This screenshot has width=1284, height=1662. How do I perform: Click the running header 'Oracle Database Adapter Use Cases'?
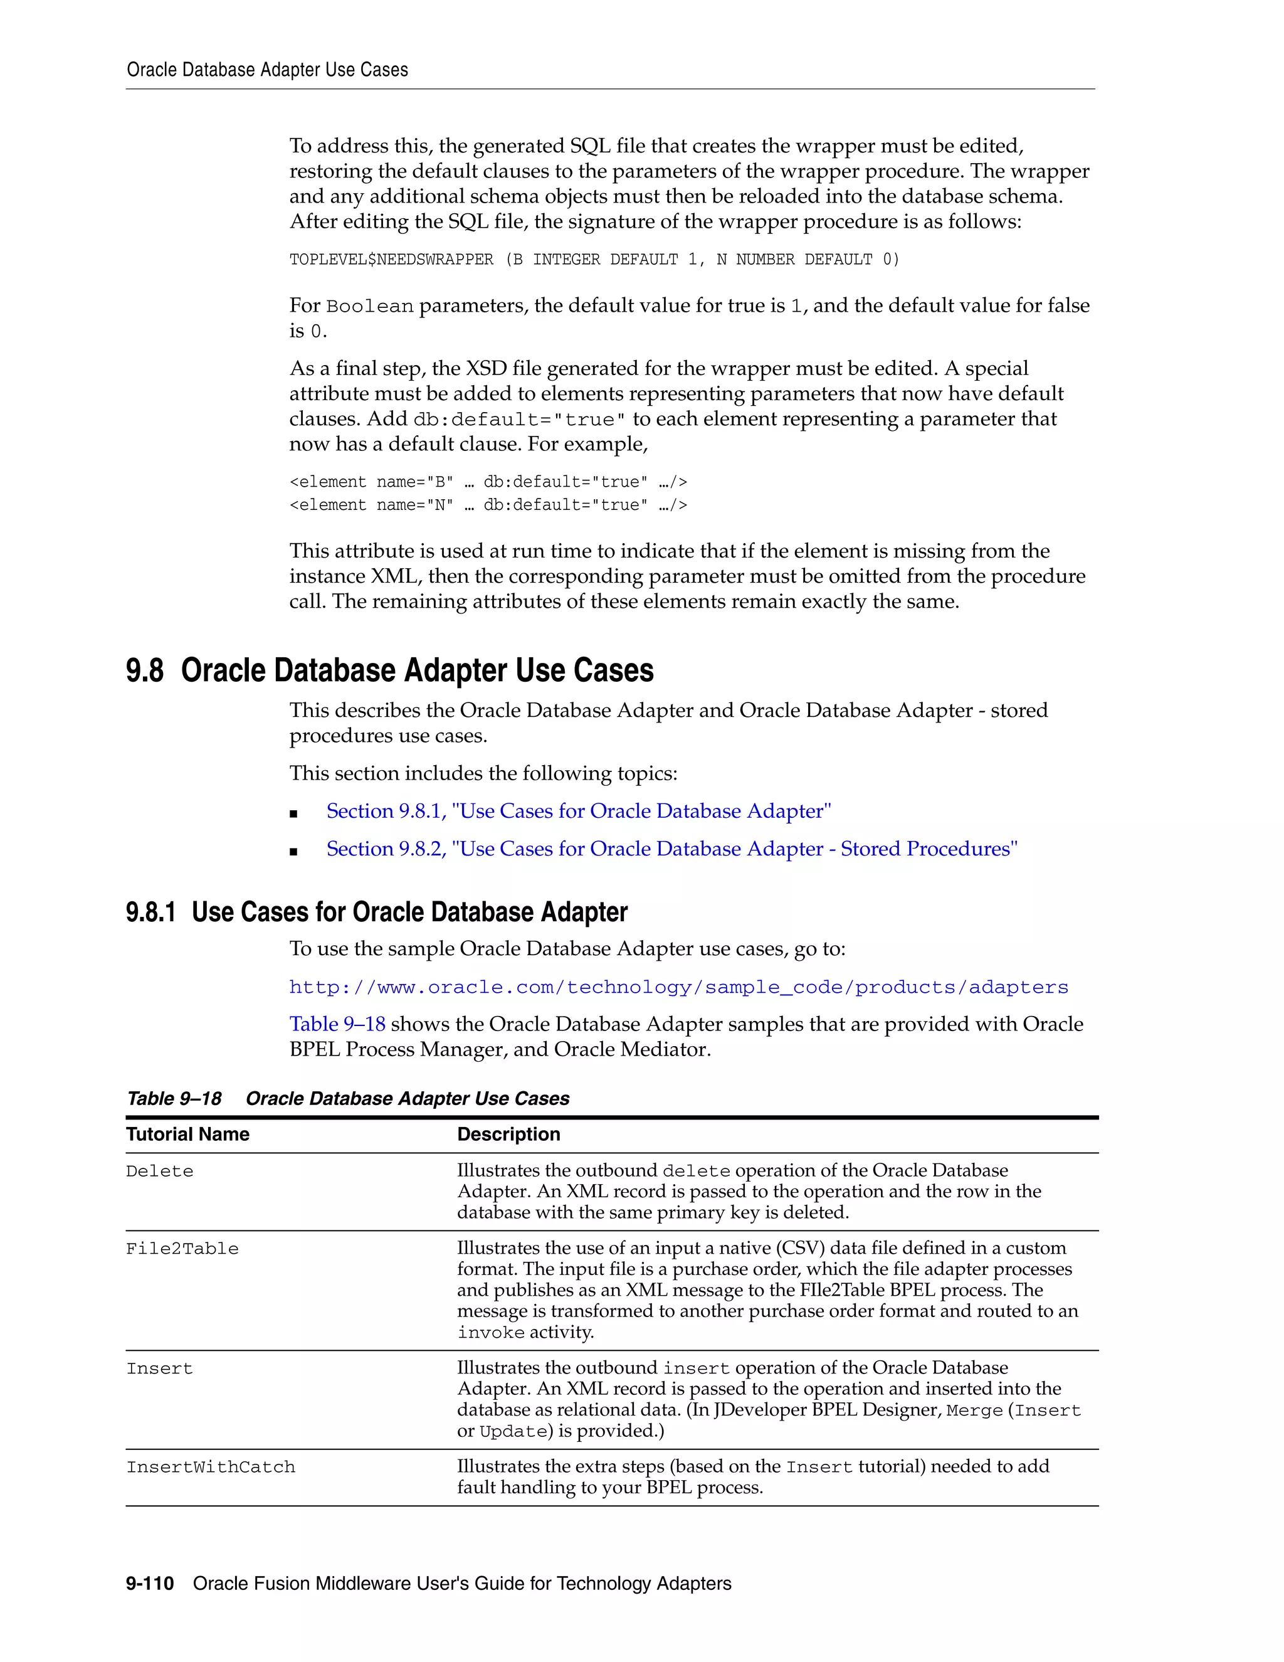tap(267, 70)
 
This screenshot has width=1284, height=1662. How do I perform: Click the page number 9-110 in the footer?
tap(150, 1584)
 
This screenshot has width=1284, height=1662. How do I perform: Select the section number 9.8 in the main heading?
tap(145, 671)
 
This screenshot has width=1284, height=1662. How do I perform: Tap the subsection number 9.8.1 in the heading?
tap(150, 913)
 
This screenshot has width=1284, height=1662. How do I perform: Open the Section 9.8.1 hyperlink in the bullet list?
tap(578, 811)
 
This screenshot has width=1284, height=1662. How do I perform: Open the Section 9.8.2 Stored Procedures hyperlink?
tap(671, 849)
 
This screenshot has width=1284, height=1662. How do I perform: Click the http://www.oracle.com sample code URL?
tap(678, 988)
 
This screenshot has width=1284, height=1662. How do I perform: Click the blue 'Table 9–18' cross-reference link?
tap(337, 1024)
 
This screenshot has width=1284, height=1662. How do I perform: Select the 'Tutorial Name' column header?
tap(188, 1135)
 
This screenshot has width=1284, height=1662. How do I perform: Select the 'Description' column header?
tap(508, 1135)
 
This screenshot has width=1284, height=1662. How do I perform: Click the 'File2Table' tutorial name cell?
tap(182, 1249)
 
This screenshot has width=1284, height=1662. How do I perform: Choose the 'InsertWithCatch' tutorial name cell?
tap(211, 1468)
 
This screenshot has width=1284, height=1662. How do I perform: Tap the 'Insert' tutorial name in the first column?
tap(160, 1369)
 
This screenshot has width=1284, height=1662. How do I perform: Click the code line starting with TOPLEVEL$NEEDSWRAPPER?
tap(593, 260)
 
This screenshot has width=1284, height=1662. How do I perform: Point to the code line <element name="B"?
tap(488, 482)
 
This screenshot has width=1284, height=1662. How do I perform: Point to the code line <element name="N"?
tap(488, 505)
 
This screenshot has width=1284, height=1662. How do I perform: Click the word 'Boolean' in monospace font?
tap(370, 307)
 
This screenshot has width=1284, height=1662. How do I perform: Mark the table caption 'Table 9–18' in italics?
tap(174, 1099)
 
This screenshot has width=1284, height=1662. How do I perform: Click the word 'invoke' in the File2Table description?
tap(491, 1333)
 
